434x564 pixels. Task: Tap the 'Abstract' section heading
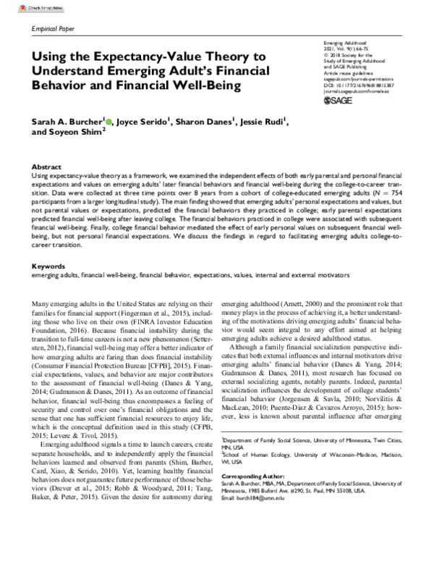47,166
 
